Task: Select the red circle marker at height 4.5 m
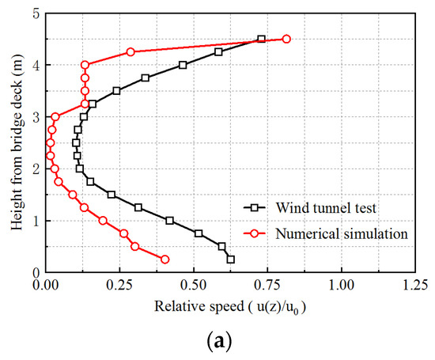[x=286, y=39]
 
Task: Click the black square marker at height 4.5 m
[x=261, y=39]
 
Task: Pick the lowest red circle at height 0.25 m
[x=165, y=259]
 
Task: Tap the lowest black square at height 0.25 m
[x=231, y=259]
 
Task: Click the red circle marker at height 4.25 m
[x=130, y=51]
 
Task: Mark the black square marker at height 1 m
[x=169, y=220]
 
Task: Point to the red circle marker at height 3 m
[x=55, y=116]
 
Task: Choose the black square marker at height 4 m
[x=183, y=65]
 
